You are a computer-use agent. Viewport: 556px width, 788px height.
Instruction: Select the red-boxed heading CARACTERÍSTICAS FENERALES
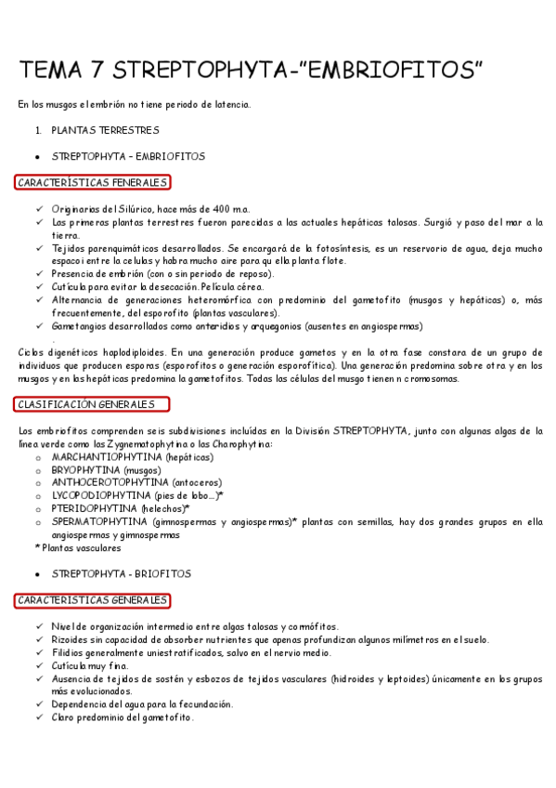click(92, 182)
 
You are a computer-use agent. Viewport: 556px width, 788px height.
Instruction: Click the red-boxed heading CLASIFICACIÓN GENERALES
click(92, 404)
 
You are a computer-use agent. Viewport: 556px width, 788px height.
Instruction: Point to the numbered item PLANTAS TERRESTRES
click(105, 130)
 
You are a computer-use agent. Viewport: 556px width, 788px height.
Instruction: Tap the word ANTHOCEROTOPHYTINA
click(110, 483)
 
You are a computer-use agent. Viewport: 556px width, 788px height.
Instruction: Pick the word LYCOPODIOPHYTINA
click(102, 496)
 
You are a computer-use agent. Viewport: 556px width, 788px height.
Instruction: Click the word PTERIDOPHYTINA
click(95, 509)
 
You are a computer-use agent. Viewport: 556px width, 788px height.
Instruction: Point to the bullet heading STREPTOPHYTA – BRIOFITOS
click(122, 574)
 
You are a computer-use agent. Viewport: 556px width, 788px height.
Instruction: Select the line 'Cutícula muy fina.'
click(91, 665)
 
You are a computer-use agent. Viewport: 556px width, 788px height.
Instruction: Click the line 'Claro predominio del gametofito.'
click(123, 717)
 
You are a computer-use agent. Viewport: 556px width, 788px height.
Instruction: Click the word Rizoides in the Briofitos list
click(70, 639)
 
